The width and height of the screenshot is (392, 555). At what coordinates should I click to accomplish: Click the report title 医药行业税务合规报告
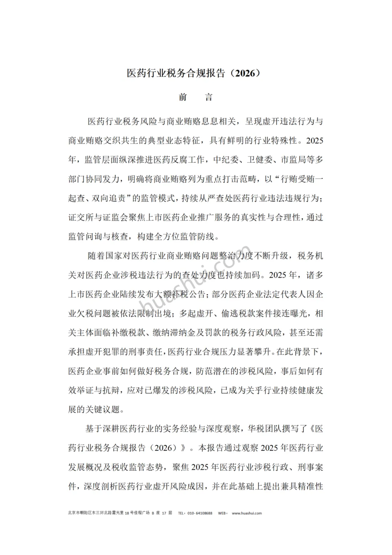(x=176, y=73)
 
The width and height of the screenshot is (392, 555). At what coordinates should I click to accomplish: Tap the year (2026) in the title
(x=246, y=73)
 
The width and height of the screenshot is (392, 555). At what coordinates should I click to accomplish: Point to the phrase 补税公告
(x=188, y=294)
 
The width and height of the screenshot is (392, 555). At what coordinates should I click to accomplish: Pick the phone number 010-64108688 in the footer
(x=200, y=513)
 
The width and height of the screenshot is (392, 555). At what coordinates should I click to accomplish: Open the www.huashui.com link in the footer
(x=247, y=513)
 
